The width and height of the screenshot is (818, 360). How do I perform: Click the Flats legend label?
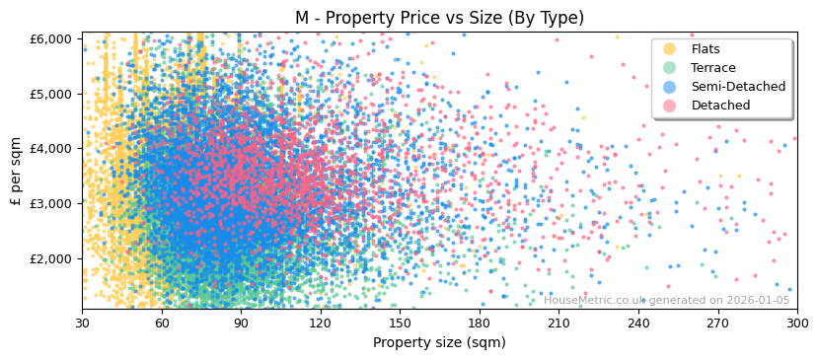(x=705, y=49)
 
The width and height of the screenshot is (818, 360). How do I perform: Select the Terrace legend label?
(x=712, y=68)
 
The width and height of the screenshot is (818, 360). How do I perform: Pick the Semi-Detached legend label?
(x=738, y=87)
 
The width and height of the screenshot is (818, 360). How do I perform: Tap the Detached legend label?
(x=720, y=106)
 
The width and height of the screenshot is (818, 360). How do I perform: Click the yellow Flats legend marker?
(x=670, y=49)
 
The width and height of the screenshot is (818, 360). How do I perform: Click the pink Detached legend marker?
(x=670, y=106)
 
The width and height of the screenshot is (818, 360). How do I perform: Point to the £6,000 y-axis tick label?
(x=51, y=38)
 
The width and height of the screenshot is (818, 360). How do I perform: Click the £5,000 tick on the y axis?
(x=51, y=94)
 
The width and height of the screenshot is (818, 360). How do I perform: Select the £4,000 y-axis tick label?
(x=51, y=148)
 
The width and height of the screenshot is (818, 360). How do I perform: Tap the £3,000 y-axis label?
(x=51, y=203)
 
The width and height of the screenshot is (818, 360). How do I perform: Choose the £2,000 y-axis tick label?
(x=51, y=258)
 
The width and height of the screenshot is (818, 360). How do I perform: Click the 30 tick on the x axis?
(x=82, y=323)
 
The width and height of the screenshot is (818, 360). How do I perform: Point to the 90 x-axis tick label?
(x=241, y=323)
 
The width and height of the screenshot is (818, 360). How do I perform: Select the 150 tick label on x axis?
(x=400, y=323)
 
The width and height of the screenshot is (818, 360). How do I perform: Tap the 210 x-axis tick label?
(x=558, y=323)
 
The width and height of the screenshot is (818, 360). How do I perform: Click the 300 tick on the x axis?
(x=796, y=323)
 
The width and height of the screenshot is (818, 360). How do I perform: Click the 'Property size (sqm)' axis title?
(x=439, y=342)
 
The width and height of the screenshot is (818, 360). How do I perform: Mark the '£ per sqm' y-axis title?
(x=16, y=174)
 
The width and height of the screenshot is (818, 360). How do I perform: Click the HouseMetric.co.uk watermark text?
(x=666, y=300)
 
